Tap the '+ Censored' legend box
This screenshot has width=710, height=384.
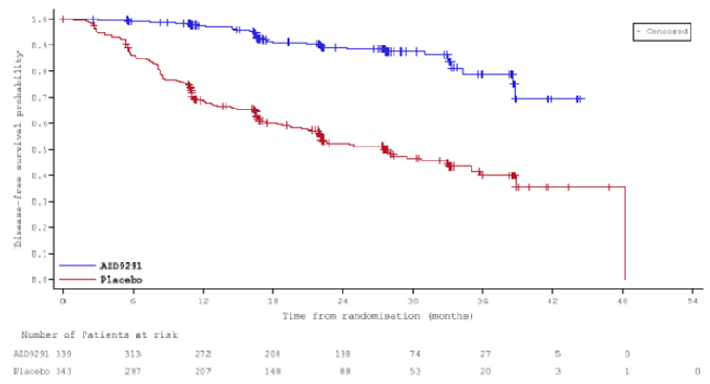pos(661,32)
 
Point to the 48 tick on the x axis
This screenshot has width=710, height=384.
pos(624,301)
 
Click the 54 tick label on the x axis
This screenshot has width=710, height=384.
pos(693,301)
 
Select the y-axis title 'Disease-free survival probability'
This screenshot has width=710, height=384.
pos(18,148)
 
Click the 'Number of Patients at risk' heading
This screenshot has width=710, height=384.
pos(96,334)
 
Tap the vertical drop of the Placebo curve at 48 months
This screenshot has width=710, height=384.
pos(625,232)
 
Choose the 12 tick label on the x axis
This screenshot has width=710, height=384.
pos(203,301)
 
